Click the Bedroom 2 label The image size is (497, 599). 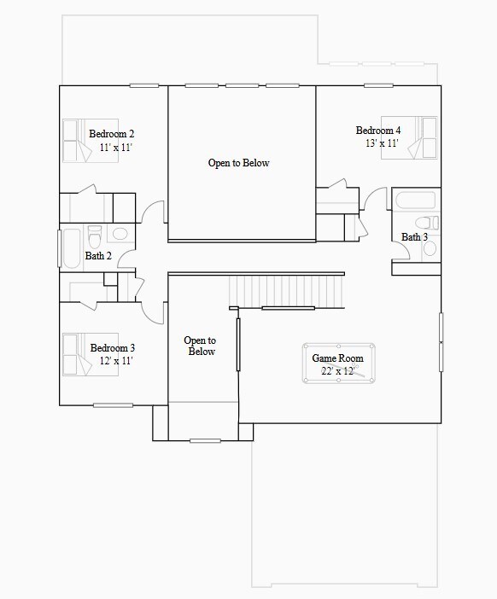111,134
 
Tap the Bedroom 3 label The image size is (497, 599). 112,348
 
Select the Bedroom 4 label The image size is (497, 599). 378,131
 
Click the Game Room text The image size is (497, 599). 337,358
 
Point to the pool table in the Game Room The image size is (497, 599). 337,364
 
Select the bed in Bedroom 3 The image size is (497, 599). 78,354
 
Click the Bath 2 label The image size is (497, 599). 98,255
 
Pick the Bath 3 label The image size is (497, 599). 414,236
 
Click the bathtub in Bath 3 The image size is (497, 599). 415,201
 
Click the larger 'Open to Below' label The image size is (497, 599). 238,163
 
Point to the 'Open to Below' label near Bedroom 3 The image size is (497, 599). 201,346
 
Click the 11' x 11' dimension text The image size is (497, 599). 115,148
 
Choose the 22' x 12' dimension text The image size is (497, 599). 337,371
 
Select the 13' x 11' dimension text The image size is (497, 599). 382,143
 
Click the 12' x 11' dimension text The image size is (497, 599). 115,361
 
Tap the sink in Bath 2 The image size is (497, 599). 120,233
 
